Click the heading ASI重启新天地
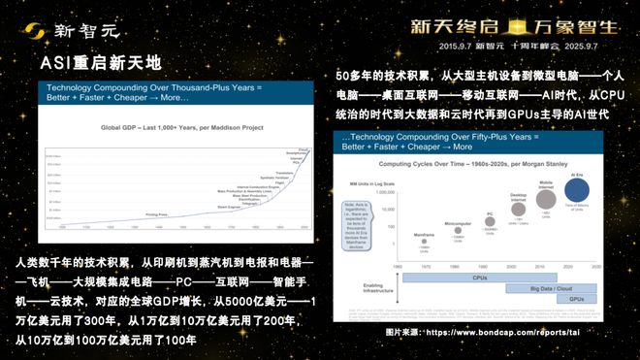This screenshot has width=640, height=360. (x=101, y=65)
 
